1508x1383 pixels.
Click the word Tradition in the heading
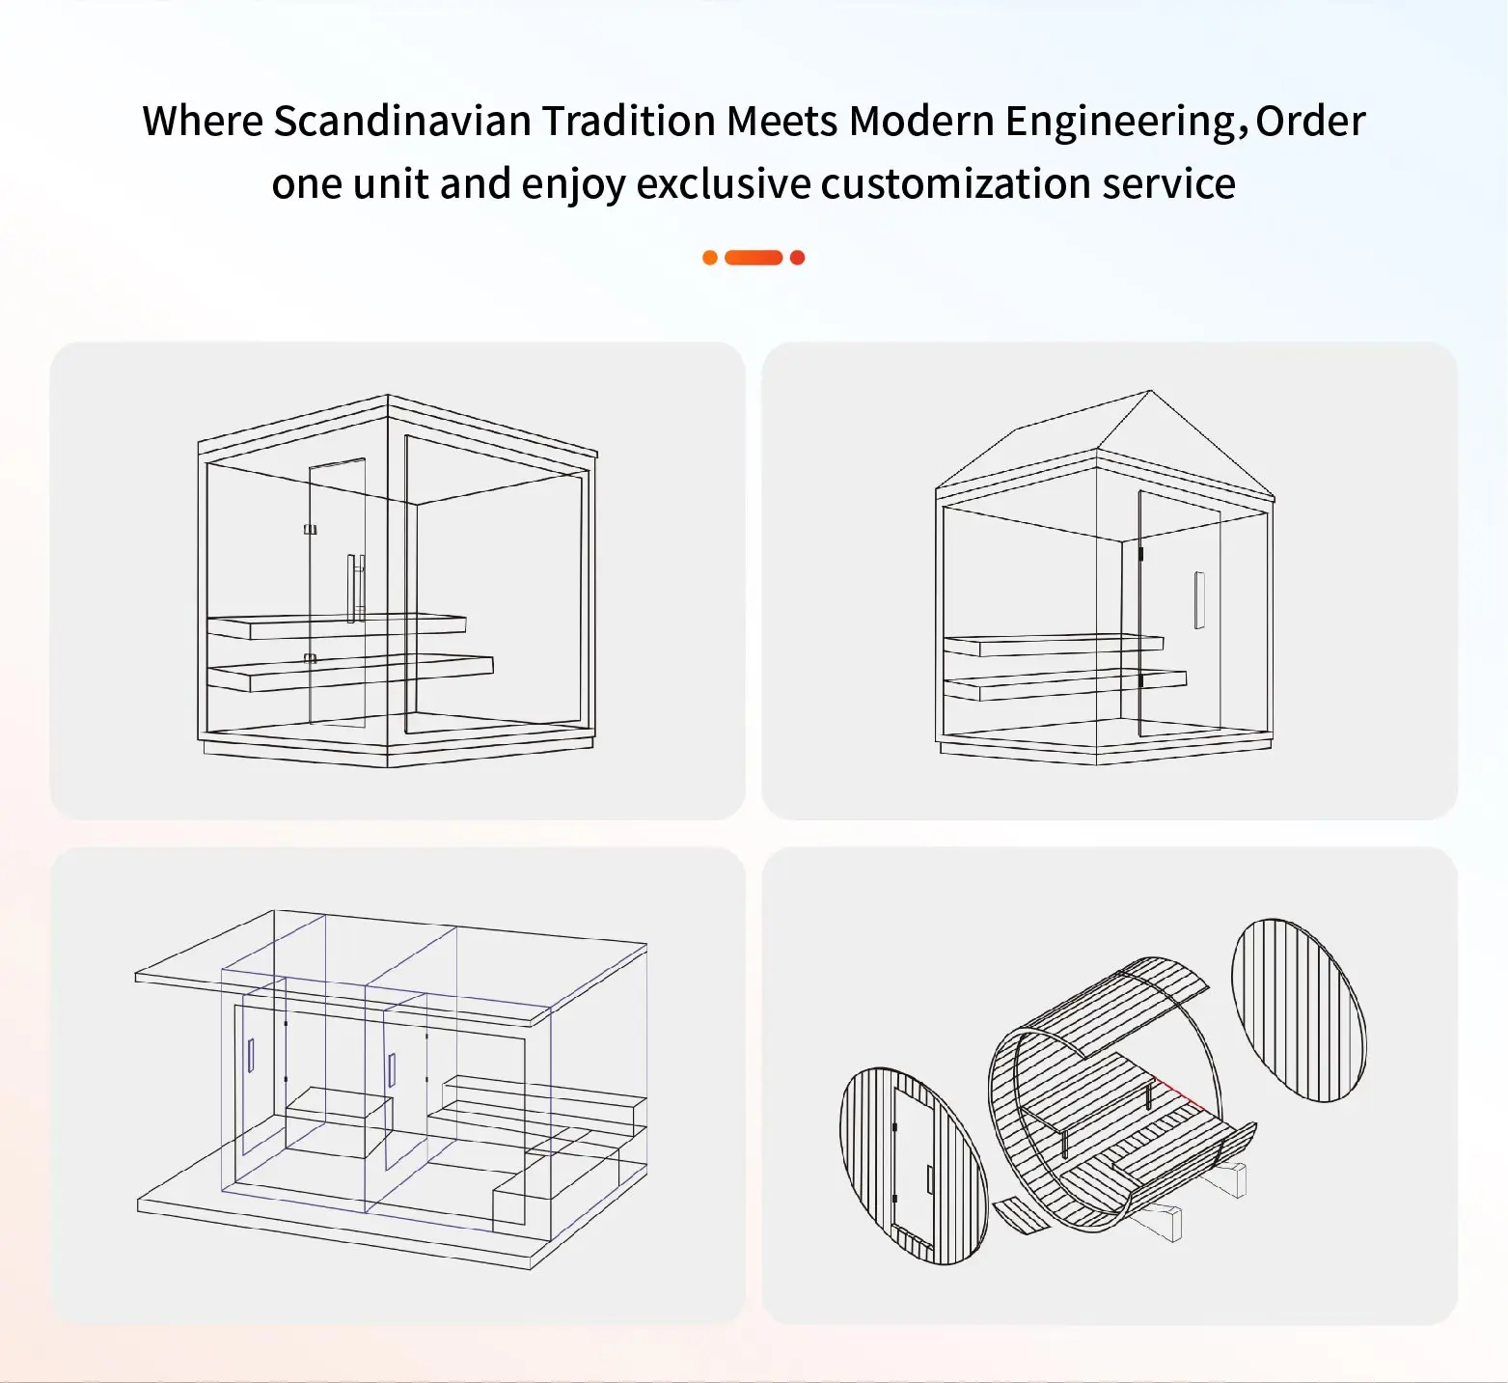click(x=628, y=122)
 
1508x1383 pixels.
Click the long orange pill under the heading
click(x=753, y=258)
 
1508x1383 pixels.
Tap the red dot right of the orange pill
click(x=797, y=258)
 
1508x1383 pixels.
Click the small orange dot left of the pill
click(x=710, y=258)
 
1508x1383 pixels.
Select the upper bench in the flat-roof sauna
click(x=337, y=625)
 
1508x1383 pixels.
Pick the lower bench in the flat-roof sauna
click(x=350, y=672)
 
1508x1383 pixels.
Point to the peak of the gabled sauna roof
click(x=1150, y=391)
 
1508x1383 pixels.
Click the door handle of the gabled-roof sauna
click(x=1199, y=600)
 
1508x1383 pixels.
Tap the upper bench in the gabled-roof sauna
click(x=1054, y=645)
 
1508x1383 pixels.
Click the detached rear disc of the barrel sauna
click(x=1300, y=1010)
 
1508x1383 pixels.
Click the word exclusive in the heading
click(x=724, y=183)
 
